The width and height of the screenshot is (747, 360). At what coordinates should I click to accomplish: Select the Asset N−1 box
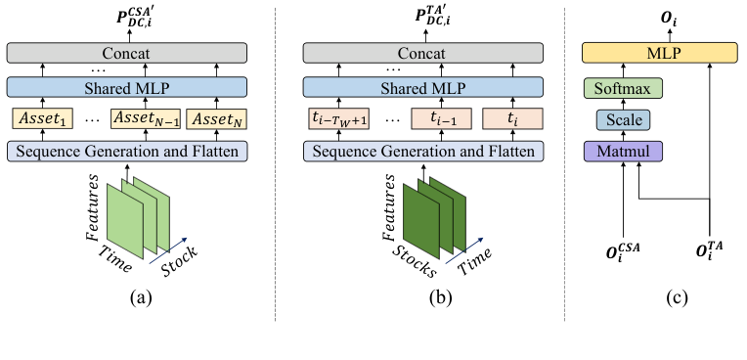coord(142,119)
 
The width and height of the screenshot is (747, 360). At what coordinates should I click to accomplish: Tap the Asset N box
coord(217,119)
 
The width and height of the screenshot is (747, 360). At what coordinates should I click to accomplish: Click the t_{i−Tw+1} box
coord(335,119)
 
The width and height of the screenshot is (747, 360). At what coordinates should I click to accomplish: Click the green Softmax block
coord(624,87)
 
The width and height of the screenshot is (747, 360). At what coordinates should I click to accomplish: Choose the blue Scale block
coord(624,119)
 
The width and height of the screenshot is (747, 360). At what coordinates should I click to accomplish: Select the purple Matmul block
coord(624,152)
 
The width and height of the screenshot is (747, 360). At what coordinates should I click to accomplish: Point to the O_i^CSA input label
coord(623,255)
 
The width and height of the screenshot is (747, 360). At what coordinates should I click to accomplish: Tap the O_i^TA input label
coord(710,255)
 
